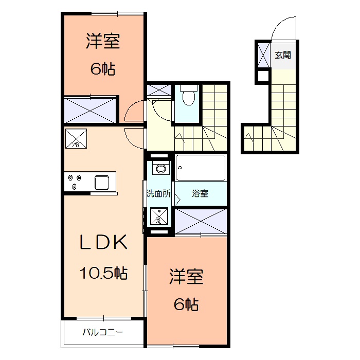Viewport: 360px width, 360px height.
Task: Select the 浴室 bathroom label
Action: [x=200, y=194]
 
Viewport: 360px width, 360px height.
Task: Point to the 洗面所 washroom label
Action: [x=158, y=194]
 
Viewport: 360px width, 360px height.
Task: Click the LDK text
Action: [x=103, y=242]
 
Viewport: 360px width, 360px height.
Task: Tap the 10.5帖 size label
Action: [x=103, y=273]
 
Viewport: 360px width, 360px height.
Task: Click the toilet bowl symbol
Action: [x=188, y=97]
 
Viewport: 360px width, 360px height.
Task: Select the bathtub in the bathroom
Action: [x=200, y=168]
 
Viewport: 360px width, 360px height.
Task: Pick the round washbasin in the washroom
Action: [x=160, y=168]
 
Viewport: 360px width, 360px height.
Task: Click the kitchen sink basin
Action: [x=101, y=182]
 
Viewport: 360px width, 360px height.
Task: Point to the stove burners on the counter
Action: [x=75, y=182]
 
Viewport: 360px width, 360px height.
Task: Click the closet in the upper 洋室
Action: [x=91, y=110]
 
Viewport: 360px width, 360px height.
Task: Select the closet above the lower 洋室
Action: [x=200, y=222]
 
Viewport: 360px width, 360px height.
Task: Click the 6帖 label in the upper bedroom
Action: [x=103, y=69]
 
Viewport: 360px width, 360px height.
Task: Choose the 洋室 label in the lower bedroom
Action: [x=187, y=278]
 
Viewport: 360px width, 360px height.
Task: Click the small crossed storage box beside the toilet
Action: [x=158, y=91]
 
